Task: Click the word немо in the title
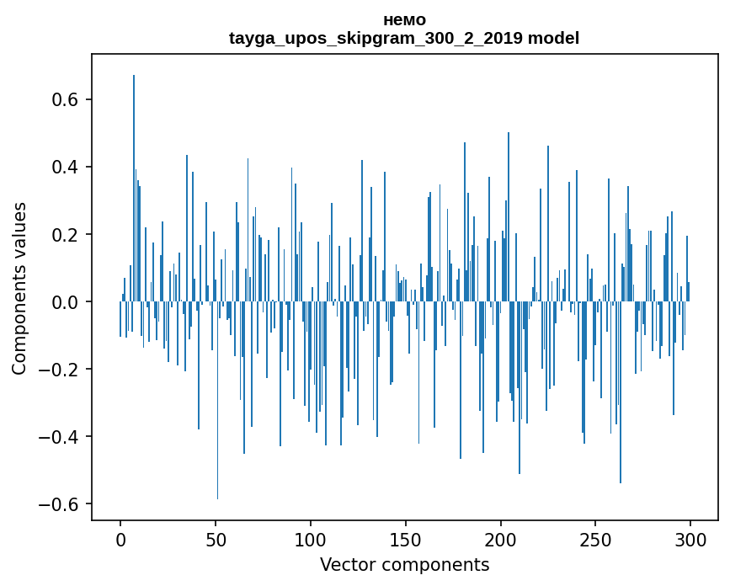404,20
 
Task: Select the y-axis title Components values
19,288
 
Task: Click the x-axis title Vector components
404,565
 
